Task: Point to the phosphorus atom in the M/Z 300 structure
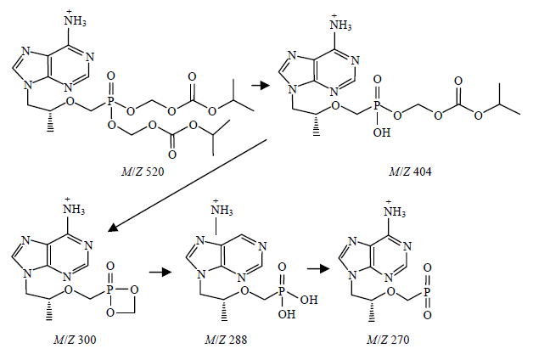tap(109, 279)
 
